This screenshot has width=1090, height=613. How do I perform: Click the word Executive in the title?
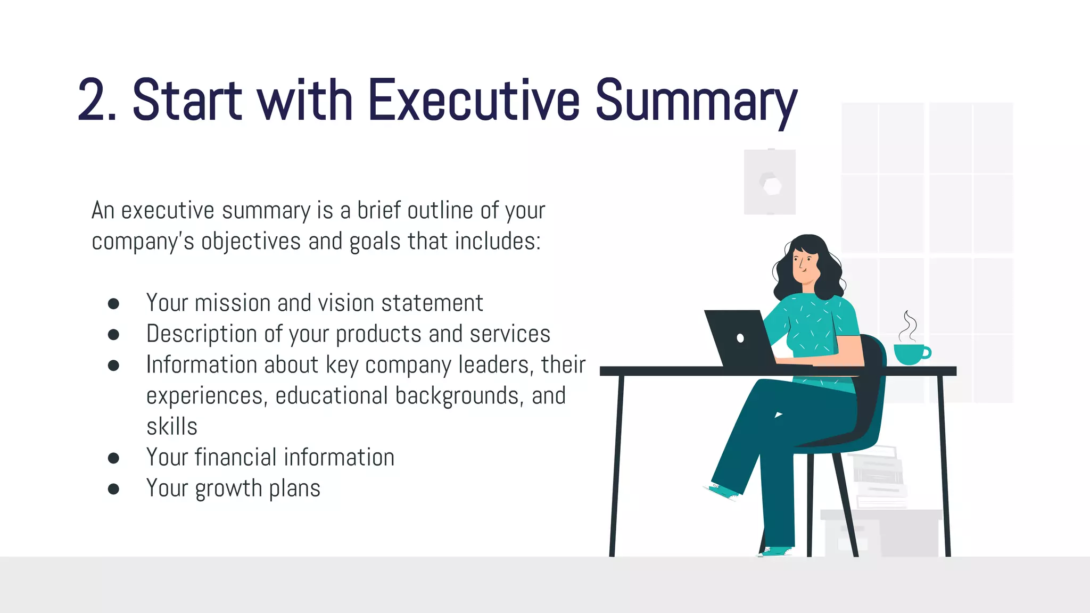473,101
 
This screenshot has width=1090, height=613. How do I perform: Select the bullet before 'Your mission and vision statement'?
113,304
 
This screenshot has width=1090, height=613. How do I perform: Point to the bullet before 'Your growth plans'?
113,489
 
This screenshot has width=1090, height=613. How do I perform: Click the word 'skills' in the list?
172,427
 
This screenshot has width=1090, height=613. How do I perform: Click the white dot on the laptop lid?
740,338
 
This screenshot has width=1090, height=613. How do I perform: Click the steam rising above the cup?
909,326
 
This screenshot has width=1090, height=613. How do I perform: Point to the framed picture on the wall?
770,182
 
